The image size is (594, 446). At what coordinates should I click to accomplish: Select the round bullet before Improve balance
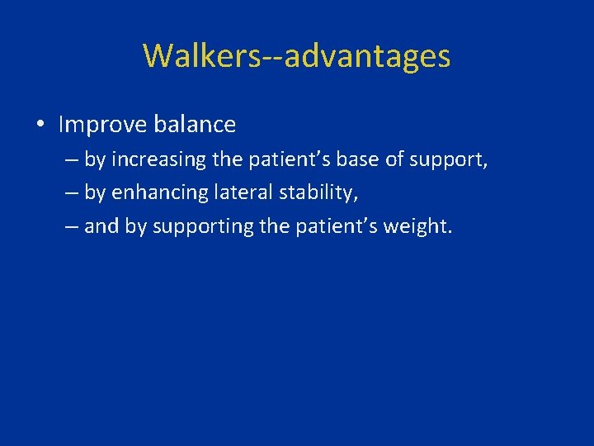click(x=40, y=126)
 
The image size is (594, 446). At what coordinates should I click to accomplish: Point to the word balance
click(x=195, y=126)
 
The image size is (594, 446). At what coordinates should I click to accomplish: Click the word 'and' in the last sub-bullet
click(x=101, y=226)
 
